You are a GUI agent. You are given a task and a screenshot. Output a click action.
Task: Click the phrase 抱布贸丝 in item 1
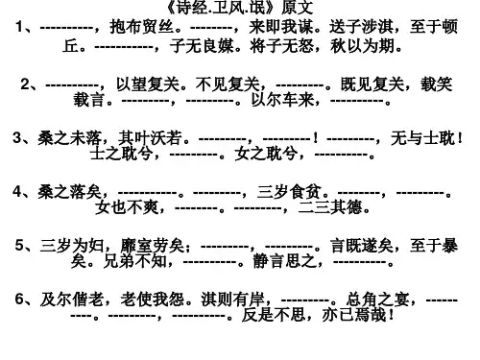(x=142, y=27)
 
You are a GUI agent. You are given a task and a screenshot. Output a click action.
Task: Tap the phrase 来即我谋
(x=281, y=27)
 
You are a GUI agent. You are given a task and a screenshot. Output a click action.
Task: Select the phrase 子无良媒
(x=202, y=46)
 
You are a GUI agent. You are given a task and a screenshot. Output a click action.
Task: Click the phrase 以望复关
(x=147, y=84)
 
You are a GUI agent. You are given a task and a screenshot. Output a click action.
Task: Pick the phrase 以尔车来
(x=283, y=100)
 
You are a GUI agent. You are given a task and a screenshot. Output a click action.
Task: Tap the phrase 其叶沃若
(x=150, y=138)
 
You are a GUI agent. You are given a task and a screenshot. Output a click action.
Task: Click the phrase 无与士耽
(x=422, y=138)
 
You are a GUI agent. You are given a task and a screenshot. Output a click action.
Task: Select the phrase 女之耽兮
(x=267, y=154)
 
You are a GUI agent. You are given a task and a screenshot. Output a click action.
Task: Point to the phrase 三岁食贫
(x=289, y=192)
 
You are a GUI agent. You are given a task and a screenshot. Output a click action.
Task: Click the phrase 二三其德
(x=330, y=207)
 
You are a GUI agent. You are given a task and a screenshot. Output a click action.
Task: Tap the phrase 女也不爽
(x=127, y=207)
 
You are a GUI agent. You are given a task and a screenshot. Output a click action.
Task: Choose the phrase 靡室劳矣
(x=153, y=246)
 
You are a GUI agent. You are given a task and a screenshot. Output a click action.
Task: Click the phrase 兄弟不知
(x=134, y=261)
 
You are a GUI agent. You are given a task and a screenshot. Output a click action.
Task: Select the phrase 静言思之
(x=284, y=261)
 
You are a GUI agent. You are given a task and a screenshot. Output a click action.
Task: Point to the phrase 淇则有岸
(x=233, y=300)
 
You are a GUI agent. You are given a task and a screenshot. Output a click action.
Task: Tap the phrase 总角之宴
(x=377, y=300)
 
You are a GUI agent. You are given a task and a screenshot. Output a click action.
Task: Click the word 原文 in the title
(x=297, y=8)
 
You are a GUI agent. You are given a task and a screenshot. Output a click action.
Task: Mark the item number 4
(x=17, y=192)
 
